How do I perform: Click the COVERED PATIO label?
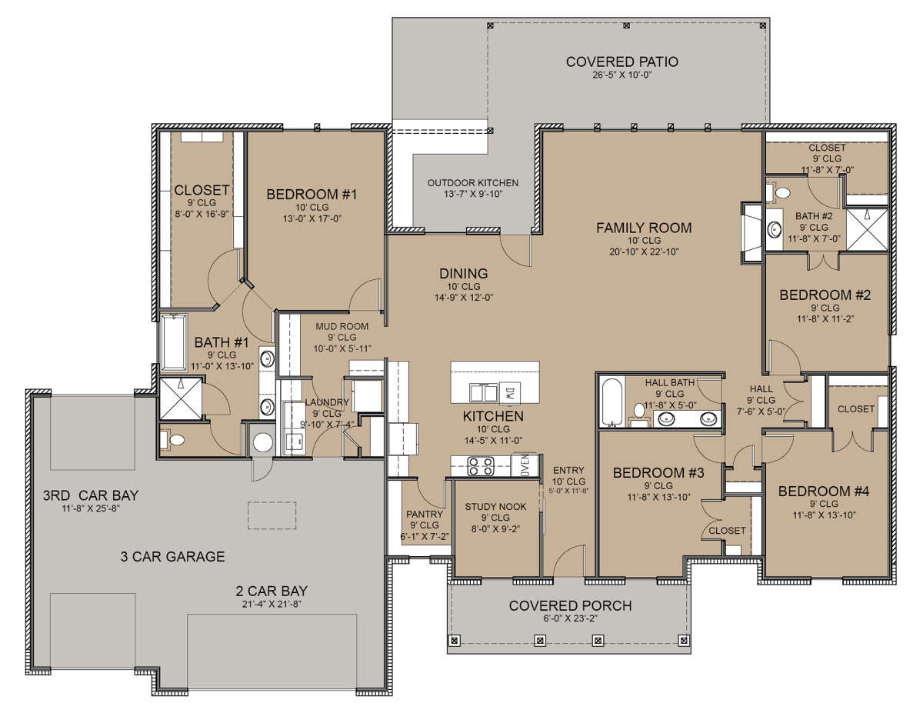coord(621,62)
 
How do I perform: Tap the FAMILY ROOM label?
coord(644,228)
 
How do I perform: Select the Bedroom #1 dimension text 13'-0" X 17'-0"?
coord(312,218)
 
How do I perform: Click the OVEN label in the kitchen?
coord(525,465)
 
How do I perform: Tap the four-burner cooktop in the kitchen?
coord(481,466)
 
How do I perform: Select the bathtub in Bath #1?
coord(174,342)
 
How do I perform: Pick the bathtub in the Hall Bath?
coord(611,401)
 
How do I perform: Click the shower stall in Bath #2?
coord(867,229)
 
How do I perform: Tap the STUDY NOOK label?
coord(495,507)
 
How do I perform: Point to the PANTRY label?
coord(425,515)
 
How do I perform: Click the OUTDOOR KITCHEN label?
coord(473,183)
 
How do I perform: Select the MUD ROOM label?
coord(342,327)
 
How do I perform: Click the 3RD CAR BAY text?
coord(91,495)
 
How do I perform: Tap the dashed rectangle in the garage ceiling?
coord(272,515)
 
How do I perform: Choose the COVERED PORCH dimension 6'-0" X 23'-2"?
coord(570,618)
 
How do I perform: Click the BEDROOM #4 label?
coord(824,491)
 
